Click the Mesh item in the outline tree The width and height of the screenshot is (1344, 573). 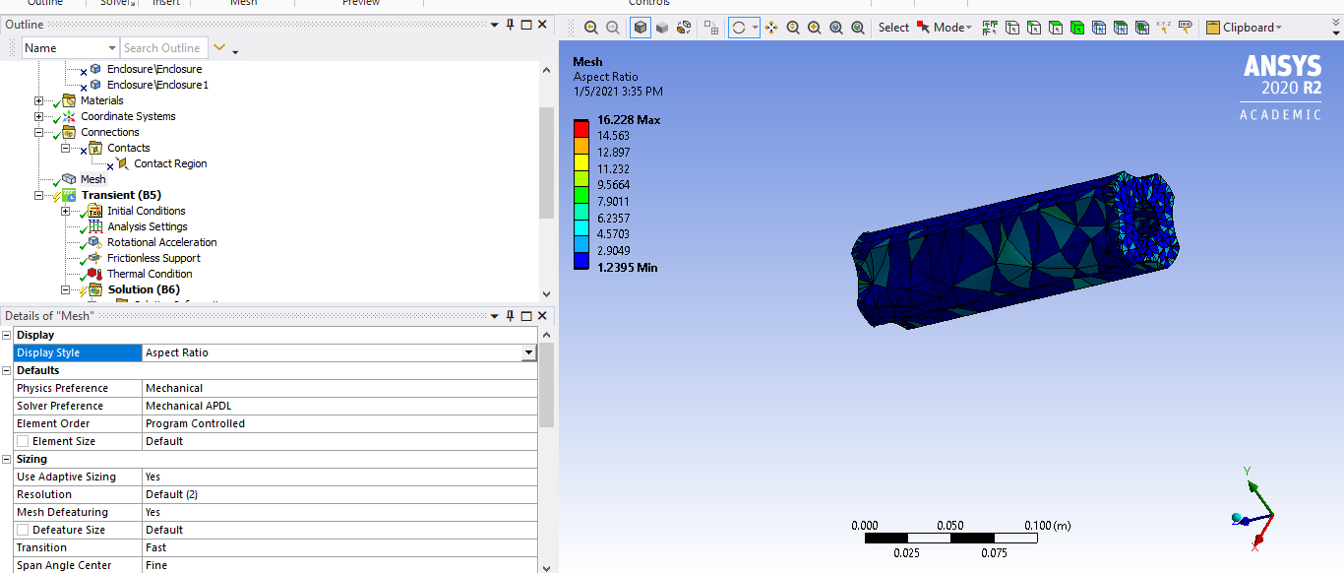(92, 179)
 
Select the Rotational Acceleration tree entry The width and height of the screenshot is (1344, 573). (161, 242)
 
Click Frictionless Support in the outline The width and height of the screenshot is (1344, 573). (153, 258)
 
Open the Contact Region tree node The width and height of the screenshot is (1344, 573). (170, 163)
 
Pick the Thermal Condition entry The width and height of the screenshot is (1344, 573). (150, 274)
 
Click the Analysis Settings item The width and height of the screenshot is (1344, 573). (147, 226)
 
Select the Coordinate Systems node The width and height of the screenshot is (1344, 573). (128, 116)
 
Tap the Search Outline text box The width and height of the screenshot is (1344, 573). (162, 48)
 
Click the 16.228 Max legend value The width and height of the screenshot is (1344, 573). (629, 120)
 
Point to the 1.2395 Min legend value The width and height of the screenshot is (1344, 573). (627, 268)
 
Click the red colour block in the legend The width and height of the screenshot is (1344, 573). (580, 128)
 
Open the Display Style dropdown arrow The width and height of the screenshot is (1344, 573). (528, 352)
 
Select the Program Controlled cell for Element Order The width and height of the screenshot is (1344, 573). (195, 423)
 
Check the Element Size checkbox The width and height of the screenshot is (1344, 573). (23, 441)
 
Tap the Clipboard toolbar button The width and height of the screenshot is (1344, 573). (1245, 28)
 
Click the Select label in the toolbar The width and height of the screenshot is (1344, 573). (893, 28)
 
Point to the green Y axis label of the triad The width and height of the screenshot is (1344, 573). (1247, 472)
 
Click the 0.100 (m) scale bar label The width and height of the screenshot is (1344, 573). (1047, 526)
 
